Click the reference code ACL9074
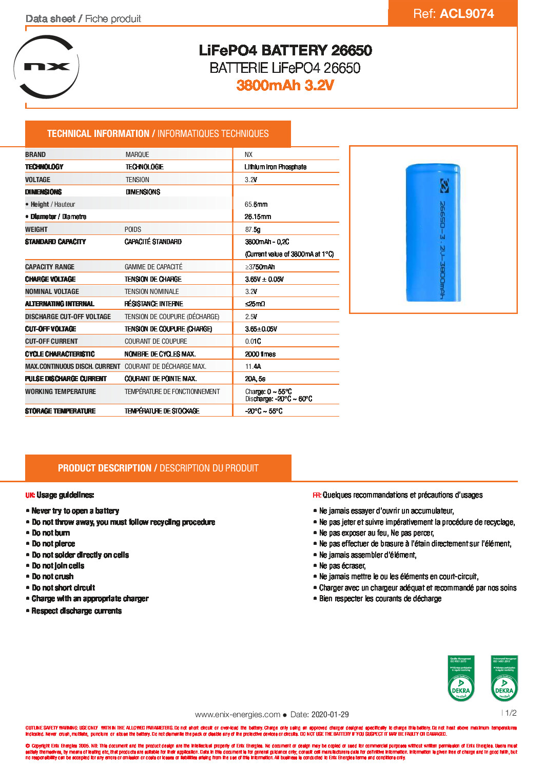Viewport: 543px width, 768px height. [467, 14]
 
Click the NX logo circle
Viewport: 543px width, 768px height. [47, 67]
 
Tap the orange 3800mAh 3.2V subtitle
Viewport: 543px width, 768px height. [285, 85]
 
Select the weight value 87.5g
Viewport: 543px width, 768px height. [253, 230]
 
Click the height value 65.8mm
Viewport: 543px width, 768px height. [256, 205]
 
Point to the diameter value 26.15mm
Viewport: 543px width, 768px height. [258, 217]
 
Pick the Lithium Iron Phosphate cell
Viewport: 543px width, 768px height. [275, 167]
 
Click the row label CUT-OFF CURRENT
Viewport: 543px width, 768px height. [51, 342]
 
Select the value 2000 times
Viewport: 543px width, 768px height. [260, 355]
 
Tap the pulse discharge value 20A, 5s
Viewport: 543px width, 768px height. [255, 379]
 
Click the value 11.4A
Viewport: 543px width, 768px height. [253, 367]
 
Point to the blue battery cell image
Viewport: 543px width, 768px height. [433, 232]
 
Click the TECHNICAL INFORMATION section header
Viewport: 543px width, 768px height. [158, 134]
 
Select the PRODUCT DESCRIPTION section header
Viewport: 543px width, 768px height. [158, 468]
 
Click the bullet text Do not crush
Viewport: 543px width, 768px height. [52, 577]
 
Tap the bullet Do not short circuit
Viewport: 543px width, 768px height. [63, 588]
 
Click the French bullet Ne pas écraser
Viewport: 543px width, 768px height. [342, 566]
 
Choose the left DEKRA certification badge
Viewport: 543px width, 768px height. [461, 678]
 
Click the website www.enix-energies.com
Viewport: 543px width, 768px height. [238, 715]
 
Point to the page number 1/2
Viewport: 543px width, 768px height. [511, 713]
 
